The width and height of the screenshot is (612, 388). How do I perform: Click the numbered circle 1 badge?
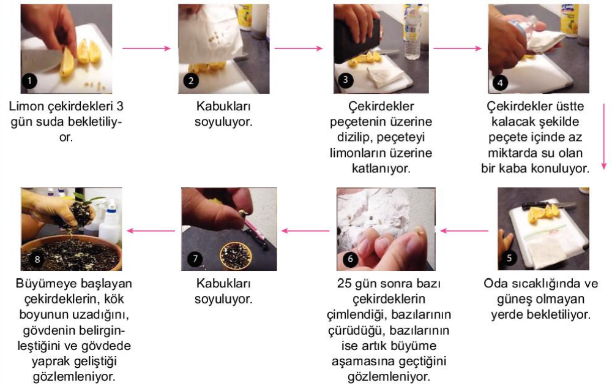(29, 82)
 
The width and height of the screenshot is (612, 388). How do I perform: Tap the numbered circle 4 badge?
(500, 83)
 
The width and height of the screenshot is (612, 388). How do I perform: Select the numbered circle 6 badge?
(350, 259)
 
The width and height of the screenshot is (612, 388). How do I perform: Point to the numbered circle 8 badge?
(37, 259)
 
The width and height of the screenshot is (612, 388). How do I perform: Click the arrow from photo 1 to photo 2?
(146, 48)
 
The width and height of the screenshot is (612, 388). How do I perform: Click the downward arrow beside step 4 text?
(604, 136)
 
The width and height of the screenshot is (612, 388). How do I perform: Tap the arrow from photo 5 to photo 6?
(464, 230)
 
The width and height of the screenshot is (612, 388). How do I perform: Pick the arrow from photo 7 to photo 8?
(151, 230)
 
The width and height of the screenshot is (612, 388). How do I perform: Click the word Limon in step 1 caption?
(26, 106)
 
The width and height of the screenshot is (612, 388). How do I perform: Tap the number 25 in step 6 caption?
(344, 283)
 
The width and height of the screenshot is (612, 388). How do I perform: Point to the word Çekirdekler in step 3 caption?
(381, 106)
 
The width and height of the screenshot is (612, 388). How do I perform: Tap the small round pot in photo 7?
(236, 256)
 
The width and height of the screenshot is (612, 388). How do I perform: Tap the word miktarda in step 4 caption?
(511, 153)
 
